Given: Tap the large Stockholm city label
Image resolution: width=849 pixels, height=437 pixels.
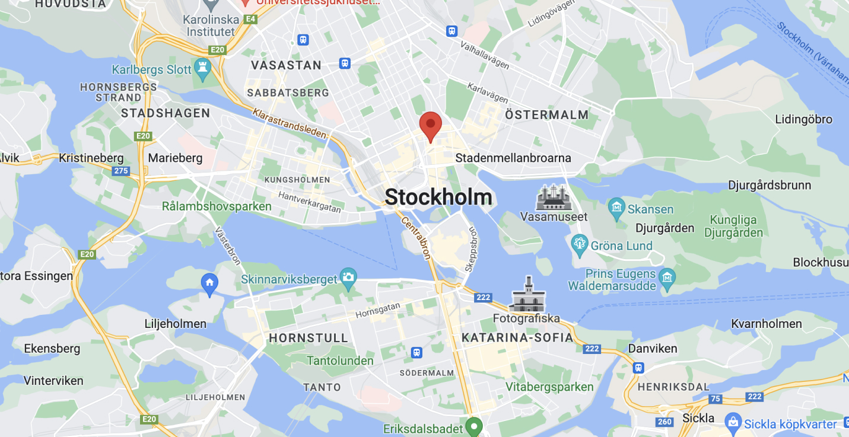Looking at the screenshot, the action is click(438, 197).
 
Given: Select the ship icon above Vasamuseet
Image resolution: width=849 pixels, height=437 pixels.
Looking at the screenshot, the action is click(554, 197).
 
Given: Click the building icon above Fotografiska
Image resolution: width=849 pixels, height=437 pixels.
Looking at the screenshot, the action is click(527, 295).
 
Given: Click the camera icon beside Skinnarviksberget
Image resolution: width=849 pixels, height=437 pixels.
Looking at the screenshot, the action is click(348, 277).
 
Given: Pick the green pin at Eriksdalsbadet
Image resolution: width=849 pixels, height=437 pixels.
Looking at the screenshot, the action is click(473, 426).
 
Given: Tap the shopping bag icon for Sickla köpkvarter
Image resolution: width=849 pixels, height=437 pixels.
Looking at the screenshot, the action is click(733, 422).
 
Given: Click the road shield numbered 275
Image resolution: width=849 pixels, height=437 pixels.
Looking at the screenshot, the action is click(121, 171).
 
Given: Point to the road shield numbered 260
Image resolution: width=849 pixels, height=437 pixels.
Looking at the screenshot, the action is click(665, 422).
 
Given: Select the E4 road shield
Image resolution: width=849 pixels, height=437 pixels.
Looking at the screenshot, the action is click(250, 20).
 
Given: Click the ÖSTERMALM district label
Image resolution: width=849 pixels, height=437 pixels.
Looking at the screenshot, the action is click(546, 114).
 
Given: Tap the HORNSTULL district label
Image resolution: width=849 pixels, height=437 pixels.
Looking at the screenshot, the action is click(309, 338).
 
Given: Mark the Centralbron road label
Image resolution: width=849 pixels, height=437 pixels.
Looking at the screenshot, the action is click(415, 237).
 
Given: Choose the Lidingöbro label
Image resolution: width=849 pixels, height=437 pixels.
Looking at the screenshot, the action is click(804, 119).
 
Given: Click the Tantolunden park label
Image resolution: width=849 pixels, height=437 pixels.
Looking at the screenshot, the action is click(340, 361).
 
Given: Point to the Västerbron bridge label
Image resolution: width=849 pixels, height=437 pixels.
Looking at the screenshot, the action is click(227, 244).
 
